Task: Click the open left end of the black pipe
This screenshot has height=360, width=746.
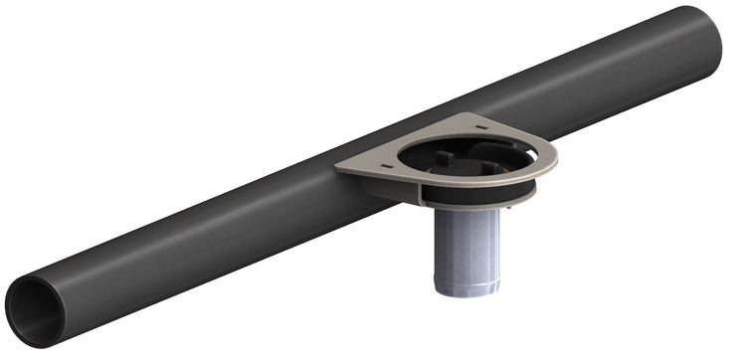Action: (x=34, y=310)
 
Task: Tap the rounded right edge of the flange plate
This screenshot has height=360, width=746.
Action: (x=553, y=159)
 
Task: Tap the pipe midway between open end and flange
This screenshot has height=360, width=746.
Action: (x=199, y=239)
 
